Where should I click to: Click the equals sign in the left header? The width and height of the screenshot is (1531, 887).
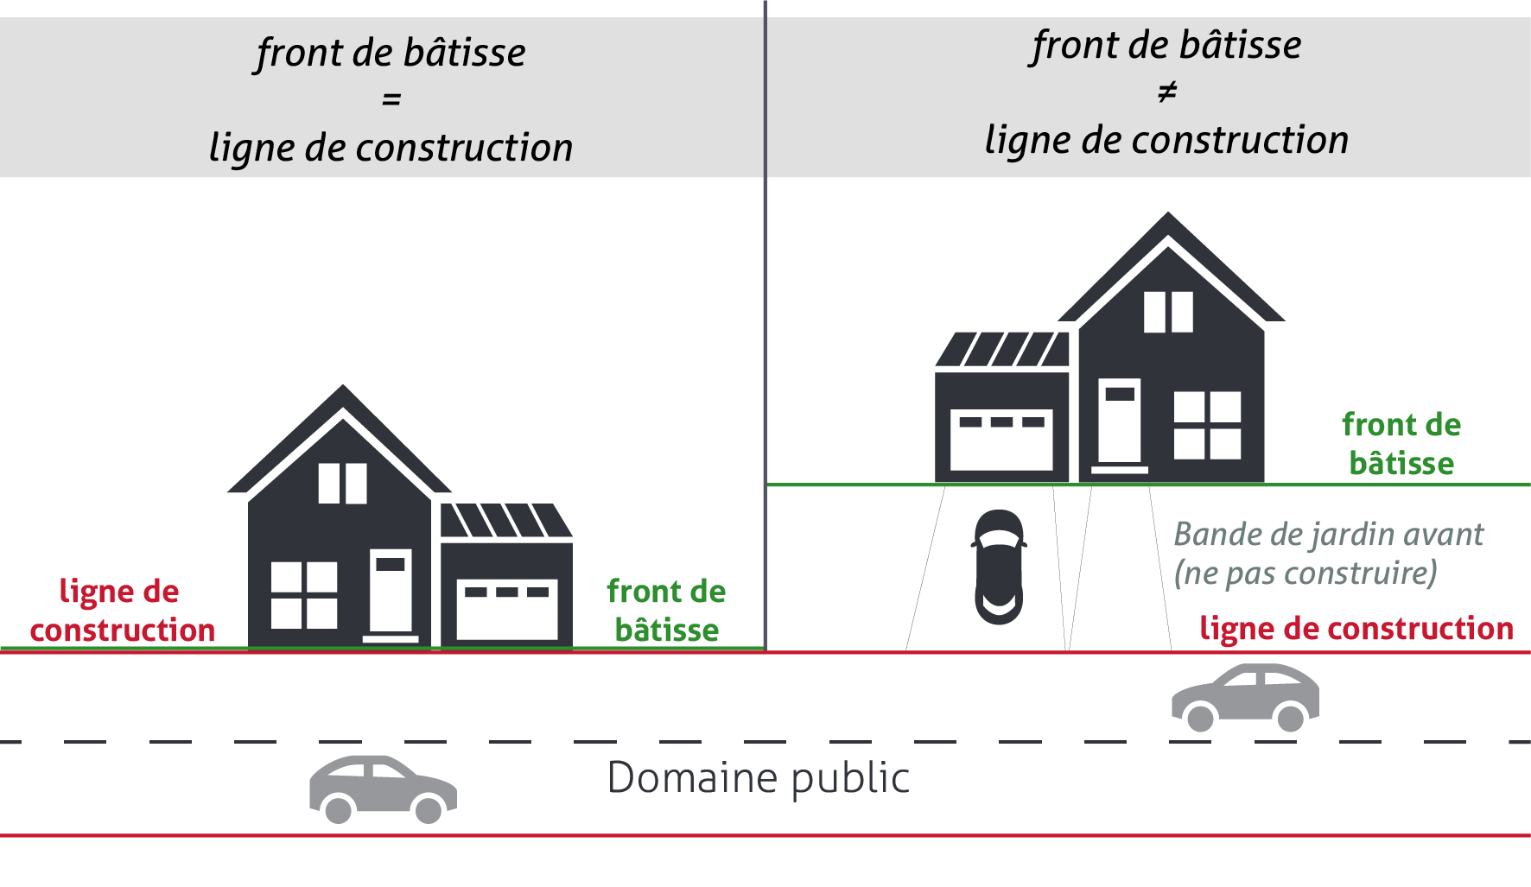(391, 100)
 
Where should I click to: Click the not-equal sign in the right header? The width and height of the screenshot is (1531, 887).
(1167, 92)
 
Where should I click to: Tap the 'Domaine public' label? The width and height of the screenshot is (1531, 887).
(759, 777)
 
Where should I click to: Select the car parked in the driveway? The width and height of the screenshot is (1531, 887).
(999, 567)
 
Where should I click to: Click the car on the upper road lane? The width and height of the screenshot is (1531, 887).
(1245, 697)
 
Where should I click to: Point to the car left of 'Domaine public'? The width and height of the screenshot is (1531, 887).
(383, 789)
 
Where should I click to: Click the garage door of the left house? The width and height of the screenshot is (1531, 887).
(506, 609)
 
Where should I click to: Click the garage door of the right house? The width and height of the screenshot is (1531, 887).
(1001, 439)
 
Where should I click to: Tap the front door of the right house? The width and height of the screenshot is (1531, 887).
(1119, 422)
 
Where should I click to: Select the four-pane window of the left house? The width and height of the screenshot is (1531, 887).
(303, 595)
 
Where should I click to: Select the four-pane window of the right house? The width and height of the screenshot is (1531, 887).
(1207, 425)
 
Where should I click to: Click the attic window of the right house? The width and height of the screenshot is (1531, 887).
(1168, 312)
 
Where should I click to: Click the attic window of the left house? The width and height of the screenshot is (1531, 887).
(342, 484)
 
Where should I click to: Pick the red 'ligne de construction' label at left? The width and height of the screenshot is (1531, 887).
(122, 611)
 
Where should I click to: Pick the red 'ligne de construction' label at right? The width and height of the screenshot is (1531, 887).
(1356, 629)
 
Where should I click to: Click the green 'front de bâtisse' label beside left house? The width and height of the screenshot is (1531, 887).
(666, 611)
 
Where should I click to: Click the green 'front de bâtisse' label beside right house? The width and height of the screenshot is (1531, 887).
(1401, 444)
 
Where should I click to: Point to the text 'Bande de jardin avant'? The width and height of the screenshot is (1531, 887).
(1328, 535)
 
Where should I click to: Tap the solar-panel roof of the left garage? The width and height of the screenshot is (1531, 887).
(505, 521)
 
